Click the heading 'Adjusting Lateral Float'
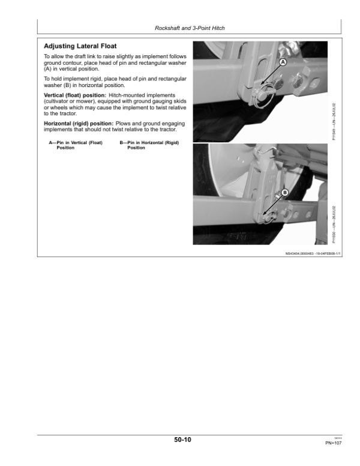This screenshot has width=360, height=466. coord(80,46)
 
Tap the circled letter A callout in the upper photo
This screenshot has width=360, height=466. coord(283,62)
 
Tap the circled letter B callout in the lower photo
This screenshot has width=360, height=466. coord(284,192)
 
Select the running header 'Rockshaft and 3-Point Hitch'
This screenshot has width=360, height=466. coord(189,28)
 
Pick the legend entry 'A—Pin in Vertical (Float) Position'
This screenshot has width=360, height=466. coord(76,145)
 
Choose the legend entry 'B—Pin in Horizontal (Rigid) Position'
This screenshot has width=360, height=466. coord(145,145)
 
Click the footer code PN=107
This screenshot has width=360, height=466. coord(333,443)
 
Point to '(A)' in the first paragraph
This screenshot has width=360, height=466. coord(49,68)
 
